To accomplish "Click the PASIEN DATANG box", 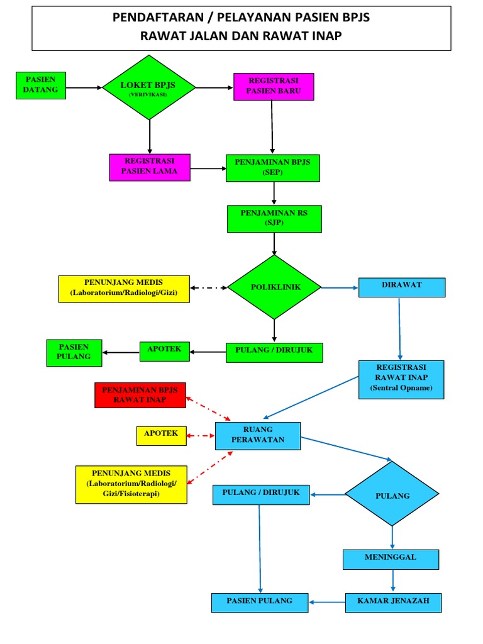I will pos(41,86).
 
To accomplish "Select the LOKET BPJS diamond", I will pos(150,87).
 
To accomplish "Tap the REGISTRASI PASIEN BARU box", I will pos(274,86).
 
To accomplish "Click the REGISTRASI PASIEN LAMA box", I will pos(150,167).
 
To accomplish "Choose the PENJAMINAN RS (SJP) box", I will pos(274,218).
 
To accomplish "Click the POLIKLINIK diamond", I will pos(274,287).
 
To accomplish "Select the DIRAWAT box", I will pos(402,287).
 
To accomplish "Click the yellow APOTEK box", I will pos(162,435).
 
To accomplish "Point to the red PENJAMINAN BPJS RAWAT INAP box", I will pos(140,395).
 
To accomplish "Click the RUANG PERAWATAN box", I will pos(258,436).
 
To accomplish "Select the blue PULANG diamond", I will pos(392,494).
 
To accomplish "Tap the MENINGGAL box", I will pos(391,558).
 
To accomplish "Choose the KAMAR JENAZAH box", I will pos(394,602).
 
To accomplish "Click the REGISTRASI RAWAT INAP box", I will pos(401,379).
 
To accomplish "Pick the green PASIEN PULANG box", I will pos(75,353).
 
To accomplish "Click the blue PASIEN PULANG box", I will pos(260,602).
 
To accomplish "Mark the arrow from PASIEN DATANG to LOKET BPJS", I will pos(84,87).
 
